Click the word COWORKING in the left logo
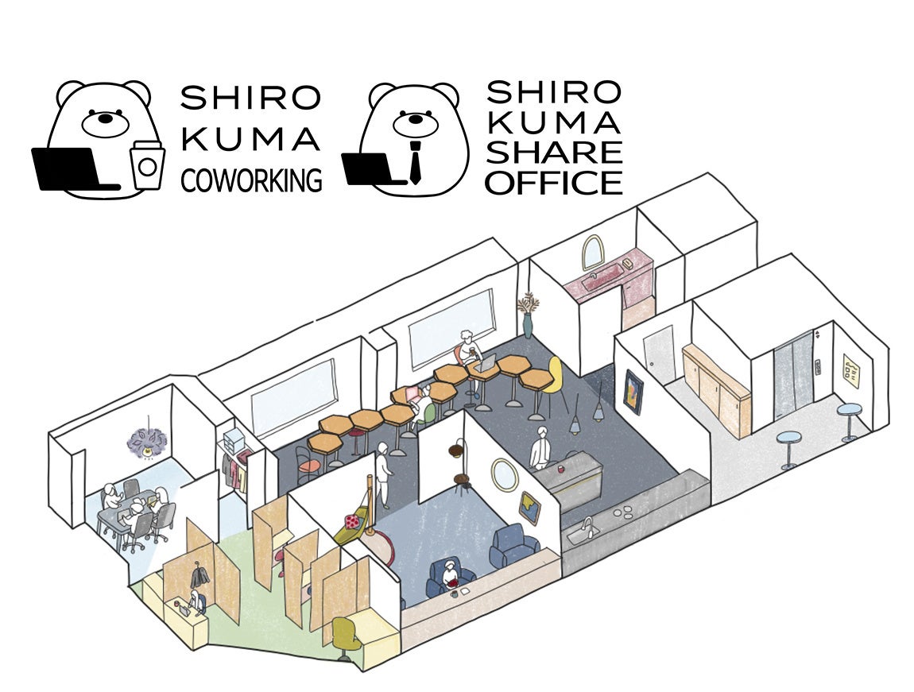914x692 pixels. pos(251,180)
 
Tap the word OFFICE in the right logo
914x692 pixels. pos(554,182)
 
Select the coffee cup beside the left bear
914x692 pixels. pos(147,164)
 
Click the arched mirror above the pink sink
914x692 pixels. pos(592,253)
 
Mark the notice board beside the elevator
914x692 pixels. pos(852,370)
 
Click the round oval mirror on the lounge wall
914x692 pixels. pos(502,474)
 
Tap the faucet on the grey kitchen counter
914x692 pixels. pos(588,525)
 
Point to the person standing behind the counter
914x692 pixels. pos(542,450)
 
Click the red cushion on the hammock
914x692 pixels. pos(350,524)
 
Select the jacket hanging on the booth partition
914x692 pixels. pos(197,574)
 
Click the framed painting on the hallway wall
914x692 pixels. pos(634,392)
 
